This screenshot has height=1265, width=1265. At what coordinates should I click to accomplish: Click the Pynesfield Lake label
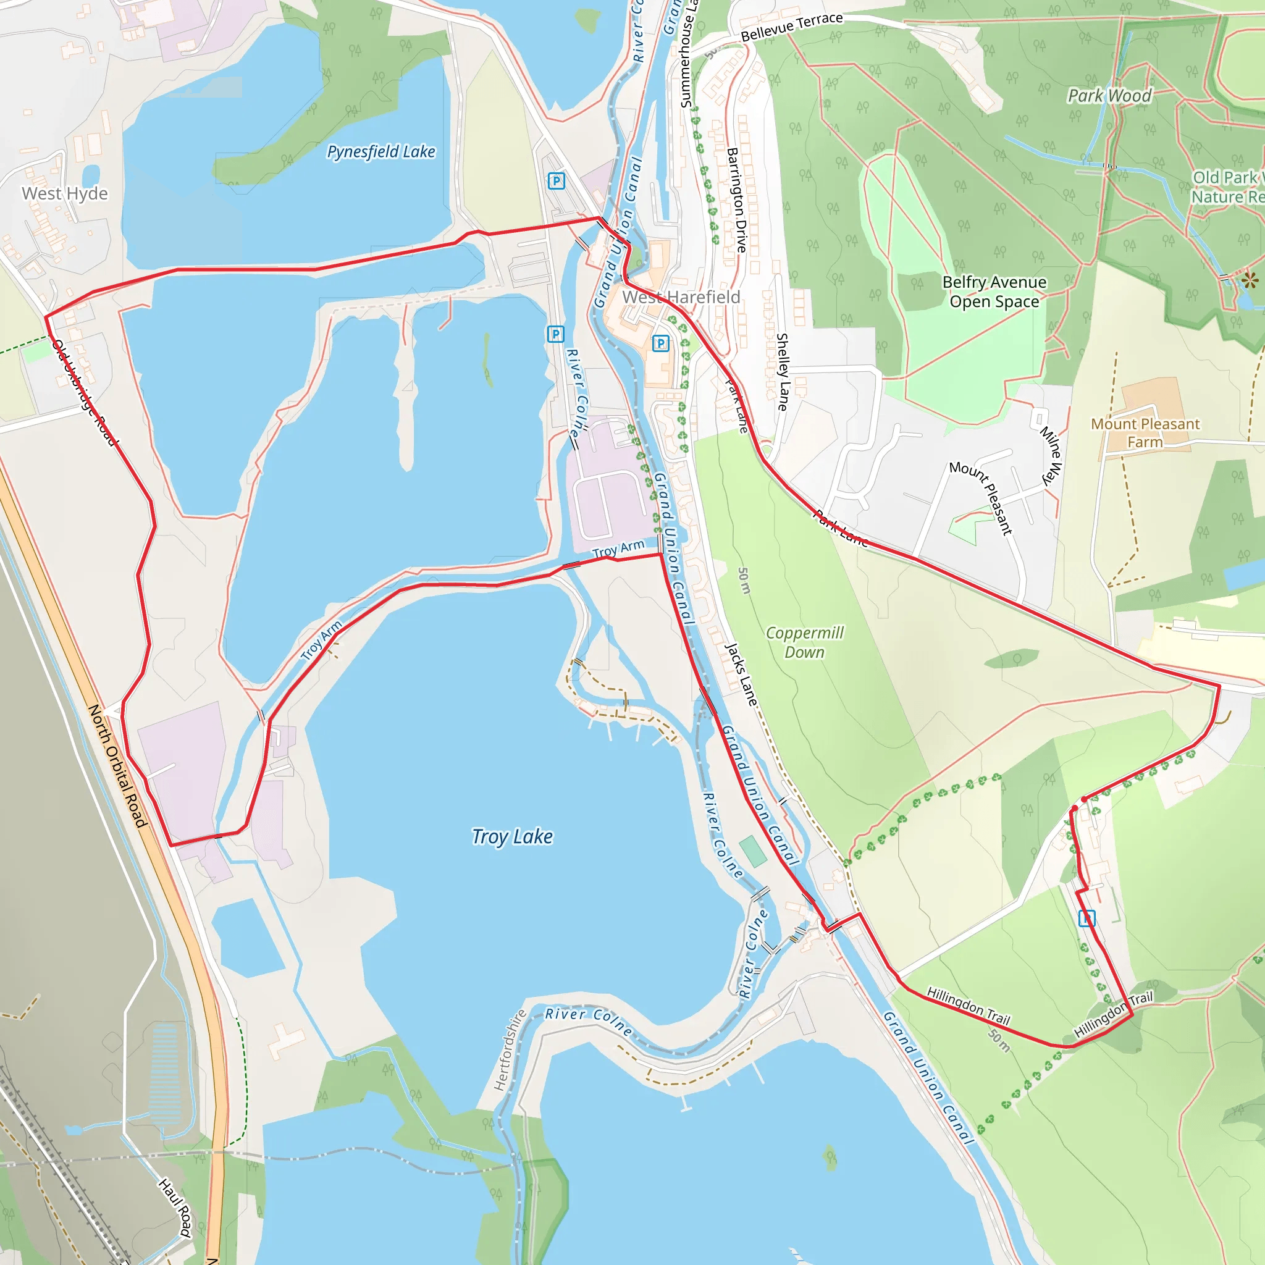(381, 152)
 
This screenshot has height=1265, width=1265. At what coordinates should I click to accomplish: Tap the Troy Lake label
(512, 837)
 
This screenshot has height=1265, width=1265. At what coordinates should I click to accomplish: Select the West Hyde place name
(65, 194)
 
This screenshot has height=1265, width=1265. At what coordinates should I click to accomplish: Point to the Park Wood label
(1109, 96)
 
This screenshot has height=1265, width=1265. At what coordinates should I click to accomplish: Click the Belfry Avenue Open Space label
(994, 292)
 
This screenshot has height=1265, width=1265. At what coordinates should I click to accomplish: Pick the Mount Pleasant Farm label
(1145, 433)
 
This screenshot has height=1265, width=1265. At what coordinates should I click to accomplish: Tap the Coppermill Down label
(805, 642)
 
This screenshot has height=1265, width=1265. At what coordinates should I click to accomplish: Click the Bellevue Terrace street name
(792, 27)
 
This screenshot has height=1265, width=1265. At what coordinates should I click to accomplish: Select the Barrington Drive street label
(737, 200)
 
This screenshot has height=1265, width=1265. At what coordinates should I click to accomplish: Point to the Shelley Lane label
(782, 372)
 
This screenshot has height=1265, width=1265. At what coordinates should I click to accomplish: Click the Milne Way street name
(1051, 456)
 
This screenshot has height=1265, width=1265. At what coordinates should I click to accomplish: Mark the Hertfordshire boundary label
(510, 1050)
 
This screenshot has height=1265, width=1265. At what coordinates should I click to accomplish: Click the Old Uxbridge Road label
(85, 392)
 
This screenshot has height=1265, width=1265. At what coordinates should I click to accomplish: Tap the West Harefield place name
(681, 297)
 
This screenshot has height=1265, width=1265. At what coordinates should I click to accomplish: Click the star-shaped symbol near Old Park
(1250, 281)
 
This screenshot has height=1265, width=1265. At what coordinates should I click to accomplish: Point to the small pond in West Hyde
(91, 175)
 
